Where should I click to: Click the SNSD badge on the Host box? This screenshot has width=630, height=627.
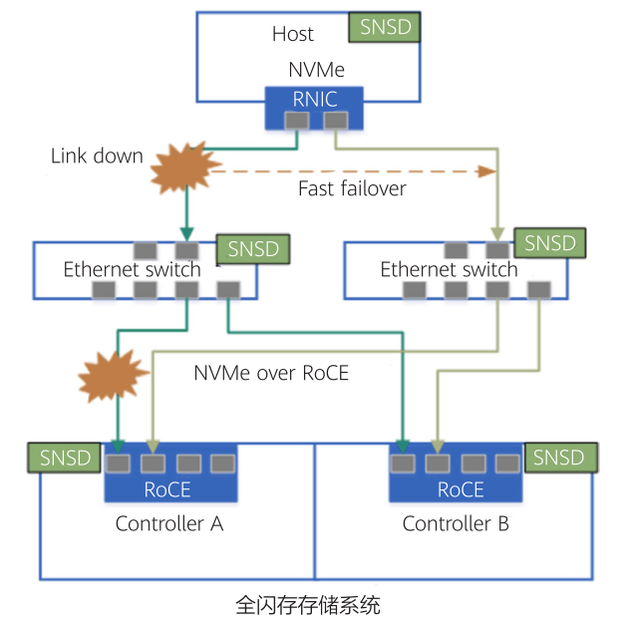coord(385,27)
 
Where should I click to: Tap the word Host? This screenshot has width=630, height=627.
coord(293,34)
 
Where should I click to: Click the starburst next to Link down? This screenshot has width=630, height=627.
coord(185,170)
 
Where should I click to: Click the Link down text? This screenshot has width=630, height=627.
coord(97,157)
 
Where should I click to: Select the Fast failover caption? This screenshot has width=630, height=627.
coord(352,188)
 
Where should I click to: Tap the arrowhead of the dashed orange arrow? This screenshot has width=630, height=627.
coord(486,171)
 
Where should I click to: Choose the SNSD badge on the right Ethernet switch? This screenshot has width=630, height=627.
coord(550,243)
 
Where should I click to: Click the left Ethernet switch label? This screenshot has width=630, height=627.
coord(132,269)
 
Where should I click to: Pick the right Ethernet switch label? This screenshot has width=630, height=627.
coord(449,269)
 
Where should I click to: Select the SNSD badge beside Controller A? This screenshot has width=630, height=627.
coord(65,459)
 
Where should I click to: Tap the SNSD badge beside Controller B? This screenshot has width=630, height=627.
coord(558,458)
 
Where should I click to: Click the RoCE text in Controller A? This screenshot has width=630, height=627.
coord(167,489)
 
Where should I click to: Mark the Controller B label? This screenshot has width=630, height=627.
coord(456,523)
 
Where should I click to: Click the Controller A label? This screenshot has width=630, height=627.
coord(168,523)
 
